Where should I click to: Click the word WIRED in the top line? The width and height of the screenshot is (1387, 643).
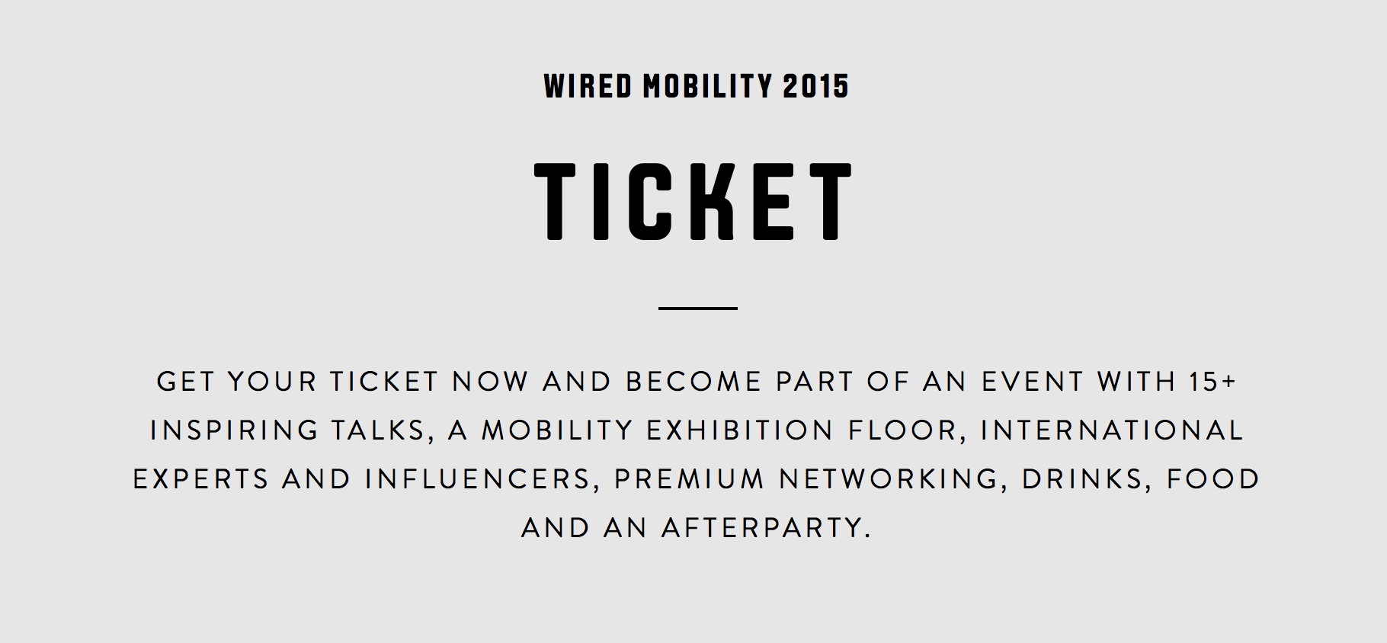pyautogui.click(x=588, y=86)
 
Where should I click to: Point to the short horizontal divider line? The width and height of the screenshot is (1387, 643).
pyautogui.click(x=698, y=309)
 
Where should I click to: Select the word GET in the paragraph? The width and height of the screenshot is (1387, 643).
pyautogui.click(x=185, y=381)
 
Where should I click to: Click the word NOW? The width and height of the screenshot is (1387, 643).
pyautogui.click(x=491, y=381)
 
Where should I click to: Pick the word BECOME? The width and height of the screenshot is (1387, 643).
pyautogui.click(x=694, y=381)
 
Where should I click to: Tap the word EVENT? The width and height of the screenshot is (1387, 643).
pyautogui.click(x=1033, y=381)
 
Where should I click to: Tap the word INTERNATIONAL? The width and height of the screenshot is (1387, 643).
pyautogui.click(x=1112, y=430)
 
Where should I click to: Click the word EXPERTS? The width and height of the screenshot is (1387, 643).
pyautogui.click(x=201, y=479)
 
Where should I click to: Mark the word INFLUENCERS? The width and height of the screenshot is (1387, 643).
pyautogui.click(x=478, y=479)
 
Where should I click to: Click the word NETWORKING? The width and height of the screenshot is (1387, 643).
pyautogui.click(x=889, y=479)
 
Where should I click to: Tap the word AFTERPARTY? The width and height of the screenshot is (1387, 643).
pyautogui.click(x=766, y=528)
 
